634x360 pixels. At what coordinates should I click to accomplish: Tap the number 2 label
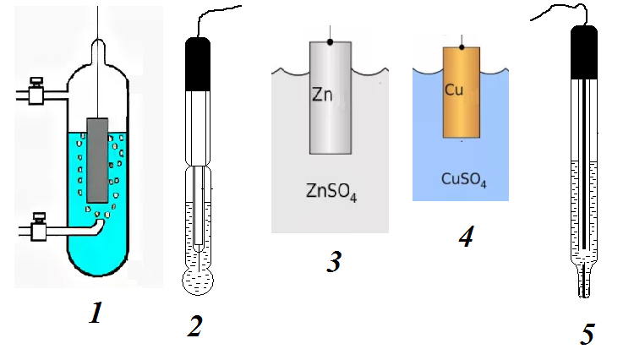pyautogui.click(x=194, y=324)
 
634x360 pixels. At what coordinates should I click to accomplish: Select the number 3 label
pyautogui.click(x=334, y=262)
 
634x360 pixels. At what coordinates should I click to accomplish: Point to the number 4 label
pyautogui.click(x=465, y=236)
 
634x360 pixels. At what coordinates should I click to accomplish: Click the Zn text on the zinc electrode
pyautogui.click(x=323, y=95)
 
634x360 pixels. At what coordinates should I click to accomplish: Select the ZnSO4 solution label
pyautogui.click(x=330, y=189)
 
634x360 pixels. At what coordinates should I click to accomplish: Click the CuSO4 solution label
pyautogui.click(x=464, y=179)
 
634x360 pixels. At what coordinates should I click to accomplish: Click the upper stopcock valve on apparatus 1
pyautogui.click(x=35, y=90)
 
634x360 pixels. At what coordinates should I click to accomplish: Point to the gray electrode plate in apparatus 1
pyautogui.click(x=97, y=160)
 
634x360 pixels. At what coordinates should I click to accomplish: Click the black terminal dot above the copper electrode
pyautogui.click(x=461, y=46)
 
